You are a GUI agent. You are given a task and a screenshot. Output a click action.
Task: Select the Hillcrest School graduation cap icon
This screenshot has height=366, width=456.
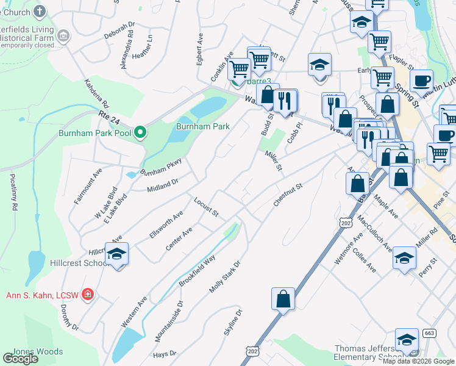click(x=116, y=254)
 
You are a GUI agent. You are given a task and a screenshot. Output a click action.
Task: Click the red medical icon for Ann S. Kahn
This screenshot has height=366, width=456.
click(x=88, y=295)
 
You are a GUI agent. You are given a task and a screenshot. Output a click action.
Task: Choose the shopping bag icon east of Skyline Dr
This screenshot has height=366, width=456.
click(x=283, y=299)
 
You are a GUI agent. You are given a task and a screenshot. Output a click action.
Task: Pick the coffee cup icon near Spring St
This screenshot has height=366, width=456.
click(x=421, y=80)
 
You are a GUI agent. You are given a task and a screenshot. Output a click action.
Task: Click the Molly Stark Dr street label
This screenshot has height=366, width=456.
click(x=225, y=278)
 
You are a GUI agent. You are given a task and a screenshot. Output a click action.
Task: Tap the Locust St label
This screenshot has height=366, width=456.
click(x=206, y=207)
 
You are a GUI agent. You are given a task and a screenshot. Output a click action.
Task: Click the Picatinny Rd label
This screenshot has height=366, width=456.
click(x=13, y=192)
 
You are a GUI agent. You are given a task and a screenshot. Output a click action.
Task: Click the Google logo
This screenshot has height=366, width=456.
click(x=20, y=359)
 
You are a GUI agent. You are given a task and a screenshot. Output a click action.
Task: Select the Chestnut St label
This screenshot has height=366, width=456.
click(x=288, y=195)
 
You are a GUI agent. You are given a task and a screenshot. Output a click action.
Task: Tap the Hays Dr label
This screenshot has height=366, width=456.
click(x=165, y=353)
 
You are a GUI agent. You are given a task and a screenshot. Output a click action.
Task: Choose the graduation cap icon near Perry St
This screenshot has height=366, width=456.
click(x=404, y=257)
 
